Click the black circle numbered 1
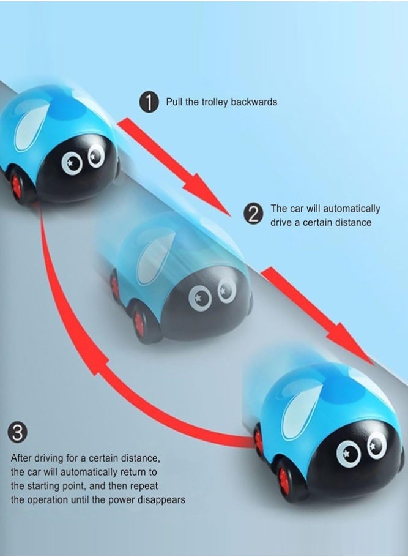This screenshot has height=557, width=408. pyautogui.click(x=149, y=103)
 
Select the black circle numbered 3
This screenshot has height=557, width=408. pyautogui.click(x=17, y=434)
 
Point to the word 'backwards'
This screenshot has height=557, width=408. pyautogui.click(x=254, y=102)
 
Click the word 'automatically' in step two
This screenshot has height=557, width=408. pyautogui.click(x=351, y=209)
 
